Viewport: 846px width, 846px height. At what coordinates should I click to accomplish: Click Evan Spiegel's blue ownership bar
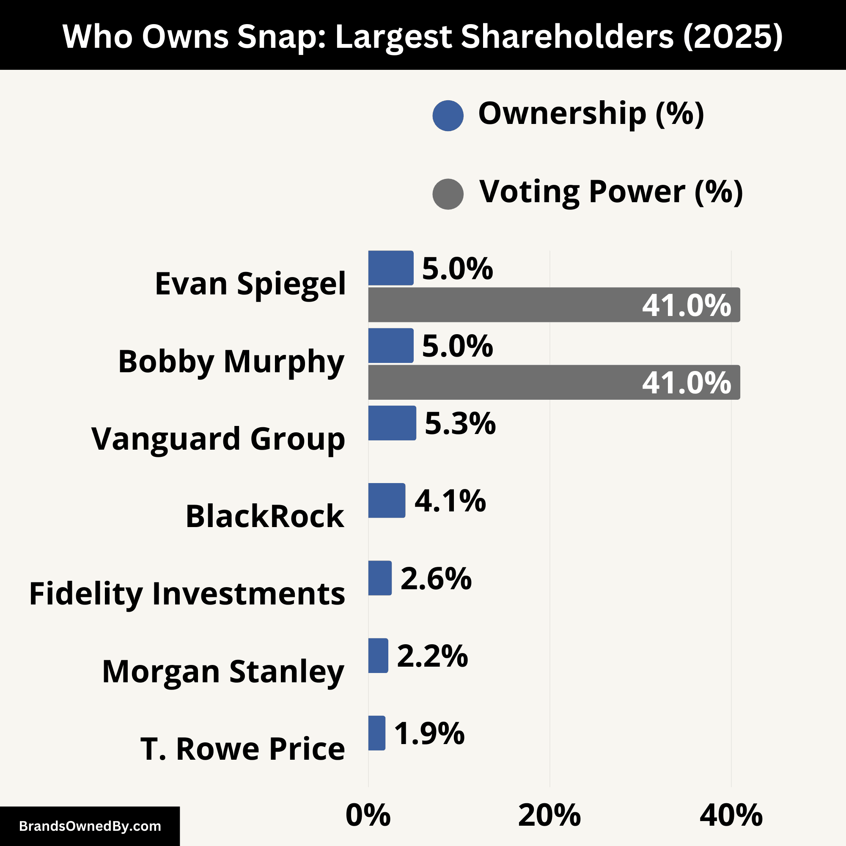390,268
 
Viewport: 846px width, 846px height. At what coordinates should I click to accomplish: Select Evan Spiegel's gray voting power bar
503,305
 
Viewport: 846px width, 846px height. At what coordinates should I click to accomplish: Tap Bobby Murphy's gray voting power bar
503,382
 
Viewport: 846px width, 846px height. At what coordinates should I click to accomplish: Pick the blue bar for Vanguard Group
392,423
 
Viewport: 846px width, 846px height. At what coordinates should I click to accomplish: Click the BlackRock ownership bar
387,500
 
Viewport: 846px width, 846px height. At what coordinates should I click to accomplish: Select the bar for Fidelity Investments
380,578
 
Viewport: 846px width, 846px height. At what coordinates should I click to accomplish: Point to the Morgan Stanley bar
378,656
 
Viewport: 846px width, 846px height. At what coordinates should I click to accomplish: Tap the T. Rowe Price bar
376,733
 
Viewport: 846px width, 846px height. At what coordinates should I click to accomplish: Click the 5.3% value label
460,424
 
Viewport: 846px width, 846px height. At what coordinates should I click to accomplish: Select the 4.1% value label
450,501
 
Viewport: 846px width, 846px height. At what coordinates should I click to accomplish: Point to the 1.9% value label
429,733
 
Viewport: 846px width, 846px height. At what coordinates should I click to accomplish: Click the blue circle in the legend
448,115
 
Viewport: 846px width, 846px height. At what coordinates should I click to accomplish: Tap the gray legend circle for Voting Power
448,194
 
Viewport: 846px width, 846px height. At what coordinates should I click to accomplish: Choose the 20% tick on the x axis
549,816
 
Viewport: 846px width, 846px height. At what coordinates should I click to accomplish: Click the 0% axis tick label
368,816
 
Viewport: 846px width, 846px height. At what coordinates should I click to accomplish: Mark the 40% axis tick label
731,816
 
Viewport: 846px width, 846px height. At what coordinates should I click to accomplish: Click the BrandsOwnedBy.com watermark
90,826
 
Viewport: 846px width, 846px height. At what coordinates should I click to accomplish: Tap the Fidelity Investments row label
187,594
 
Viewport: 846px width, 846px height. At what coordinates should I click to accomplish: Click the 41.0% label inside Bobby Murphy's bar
686,383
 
